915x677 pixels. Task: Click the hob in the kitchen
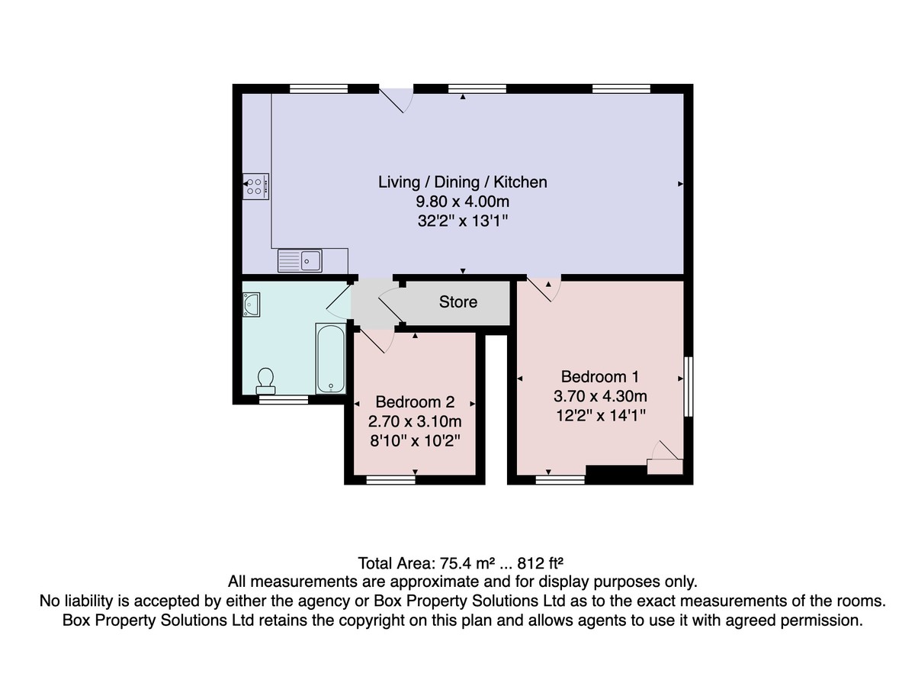(x=255, y=187)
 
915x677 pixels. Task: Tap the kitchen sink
(x=300, y=260)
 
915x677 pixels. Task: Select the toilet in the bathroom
(x=265, y=382)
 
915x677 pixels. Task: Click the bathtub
(x=330, y=358)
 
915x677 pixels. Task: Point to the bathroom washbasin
(x=251, y=305)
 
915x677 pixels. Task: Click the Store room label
(x=458, y=302)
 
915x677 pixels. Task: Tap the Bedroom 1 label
(x=600, y=377)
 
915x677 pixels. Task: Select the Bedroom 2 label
(x=415, y=402)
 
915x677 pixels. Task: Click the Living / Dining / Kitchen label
(x=462, y=182)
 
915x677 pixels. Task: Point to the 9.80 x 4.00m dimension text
(x=462, y=201)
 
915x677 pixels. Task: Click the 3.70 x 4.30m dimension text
(x=600, y=396)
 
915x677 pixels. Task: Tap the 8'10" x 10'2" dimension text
(x=415, y=441)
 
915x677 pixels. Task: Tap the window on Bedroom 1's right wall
(x=689, y=387)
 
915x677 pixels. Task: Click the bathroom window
(x=284, y=399)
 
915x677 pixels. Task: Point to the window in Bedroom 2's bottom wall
(x=390, y=479)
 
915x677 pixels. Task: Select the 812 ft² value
(x=541, y=563)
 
